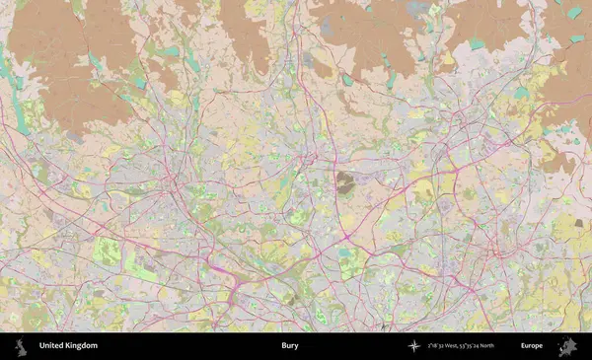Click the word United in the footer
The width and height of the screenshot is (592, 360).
pyautogui.click(x=52, y=346)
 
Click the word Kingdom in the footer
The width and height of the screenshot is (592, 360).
pyautogui.click(x=82, y=346)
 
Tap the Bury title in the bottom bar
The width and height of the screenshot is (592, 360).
pyautogui.click(x=290, y=346)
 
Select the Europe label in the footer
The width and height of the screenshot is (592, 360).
pyautogui.click(x=532, y=346)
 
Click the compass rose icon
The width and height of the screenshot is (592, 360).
pyautogui.click(x=414, y=346)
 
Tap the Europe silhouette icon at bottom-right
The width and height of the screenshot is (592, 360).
pyautogui.click(x=567, y=346)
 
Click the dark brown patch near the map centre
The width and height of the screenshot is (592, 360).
pyautogui.click(x=345, y=181)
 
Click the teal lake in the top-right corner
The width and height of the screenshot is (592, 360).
pyautogui.click(x=574, y=13)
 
